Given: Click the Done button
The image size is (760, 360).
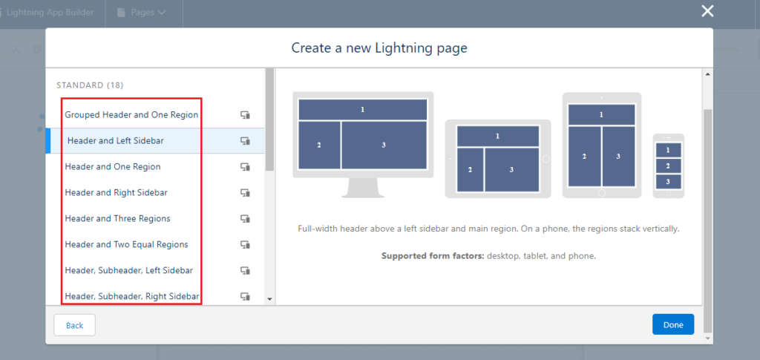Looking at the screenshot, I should point(673,325).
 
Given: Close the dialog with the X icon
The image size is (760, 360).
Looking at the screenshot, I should point(707,11).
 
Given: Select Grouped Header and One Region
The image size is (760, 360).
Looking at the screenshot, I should point(131,115).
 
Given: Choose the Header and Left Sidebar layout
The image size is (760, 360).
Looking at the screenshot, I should point(116,141).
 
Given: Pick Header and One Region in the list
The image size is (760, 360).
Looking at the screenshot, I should point(113,167).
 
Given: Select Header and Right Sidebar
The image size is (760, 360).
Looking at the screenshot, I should point(116,193).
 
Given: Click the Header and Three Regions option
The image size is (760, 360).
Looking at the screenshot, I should point(117,219).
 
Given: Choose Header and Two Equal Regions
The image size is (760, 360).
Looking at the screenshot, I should point(126,245).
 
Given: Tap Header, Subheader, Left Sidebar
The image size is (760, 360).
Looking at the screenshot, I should point(128,271).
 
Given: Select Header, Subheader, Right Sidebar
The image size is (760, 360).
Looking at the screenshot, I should point(131,297).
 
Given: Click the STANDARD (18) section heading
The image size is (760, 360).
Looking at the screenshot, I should point(90,85).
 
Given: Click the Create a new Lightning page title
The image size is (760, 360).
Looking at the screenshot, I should point(379,49).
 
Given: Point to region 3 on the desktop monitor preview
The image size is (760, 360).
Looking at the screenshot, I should point(384,145).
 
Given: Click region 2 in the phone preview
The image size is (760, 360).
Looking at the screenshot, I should point(668,166).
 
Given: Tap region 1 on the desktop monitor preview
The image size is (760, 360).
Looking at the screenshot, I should point(363,109).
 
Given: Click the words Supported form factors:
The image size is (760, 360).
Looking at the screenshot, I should point(433,256).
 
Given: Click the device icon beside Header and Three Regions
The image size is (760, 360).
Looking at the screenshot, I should point(245,219).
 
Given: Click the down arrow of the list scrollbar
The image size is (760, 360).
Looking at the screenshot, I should point(269,298).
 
